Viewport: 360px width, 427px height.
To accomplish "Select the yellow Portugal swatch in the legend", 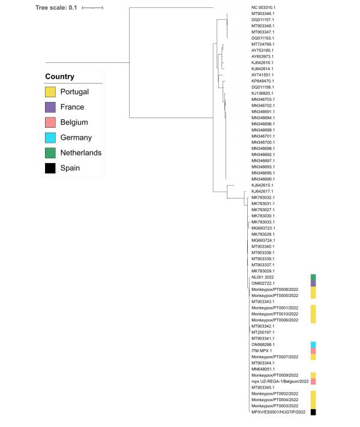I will click(x=51, y=92).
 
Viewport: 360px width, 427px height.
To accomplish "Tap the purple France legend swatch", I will click(x=51, y=107).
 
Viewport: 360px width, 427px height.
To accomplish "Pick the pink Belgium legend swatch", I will click(x=51, y=122).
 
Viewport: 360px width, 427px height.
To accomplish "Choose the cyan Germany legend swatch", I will click(x=51, y=137).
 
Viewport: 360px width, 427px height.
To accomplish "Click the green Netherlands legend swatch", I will click(x=51, y=153).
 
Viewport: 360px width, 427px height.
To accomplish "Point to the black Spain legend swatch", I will click(x=51, y=168).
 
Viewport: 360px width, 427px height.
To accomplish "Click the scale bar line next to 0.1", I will click(x=92, y=8).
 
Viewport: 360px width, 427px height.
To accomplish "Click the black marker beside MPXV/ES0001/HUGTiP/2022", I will click(x=313, y=412).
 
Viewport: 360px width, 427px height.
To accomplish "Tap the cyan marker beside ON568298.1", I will click(x=313, y=344).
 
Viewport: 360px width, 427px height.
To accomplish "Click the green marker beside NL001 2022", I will click(x=313, y=276).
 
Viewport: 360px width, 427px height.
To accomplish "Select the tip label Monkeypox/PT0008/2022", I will click(x=271, y=289).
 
